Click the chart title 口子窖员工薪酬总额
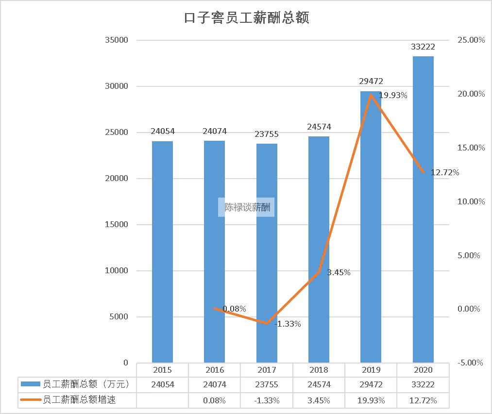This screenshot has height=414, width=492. point(246,18)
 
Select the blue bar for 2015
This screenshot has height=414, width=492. point(162,252)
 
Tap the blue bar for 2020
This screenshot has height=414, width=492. point(423,209)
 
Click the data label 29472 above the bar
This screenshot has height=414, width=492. point(371,82)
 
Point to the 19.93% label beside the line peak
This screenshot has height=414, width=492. point(393,96)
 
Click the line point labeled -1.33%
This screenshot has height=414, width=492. point(267,323)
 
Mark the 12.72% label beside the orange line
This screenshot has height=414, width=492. point(445,172)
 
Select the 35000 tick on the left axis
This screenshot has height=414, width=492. point(117,40)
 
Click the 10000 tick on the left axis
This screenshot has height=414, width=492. point(117,271)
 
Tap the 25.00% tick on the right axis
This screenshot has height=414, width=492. point(471,40)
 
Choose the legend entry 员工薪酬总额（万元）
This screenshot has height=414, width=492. point(78,384)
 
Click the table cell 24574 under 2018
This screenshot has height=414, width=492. point(319,384)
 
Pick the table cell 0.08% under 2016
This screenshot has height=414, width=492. point(214,400)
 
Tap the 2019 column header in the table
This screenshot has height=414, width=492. point(371,370)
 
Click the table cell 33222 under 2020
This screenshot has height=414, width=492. point(423,384)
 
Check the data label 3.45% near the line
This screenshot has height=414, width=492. point(339,272)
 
